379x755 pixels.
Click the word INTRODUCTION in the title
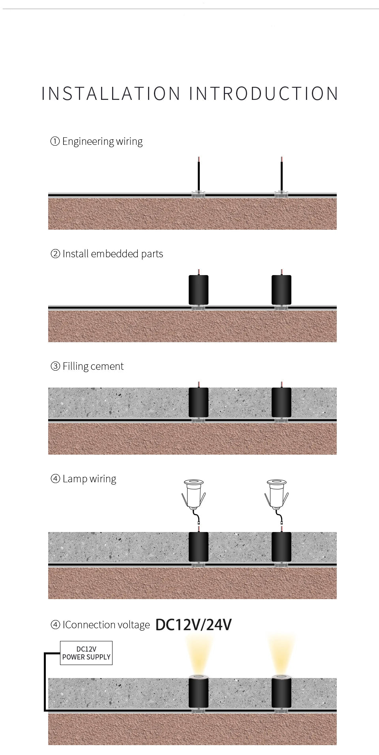pos(263,94)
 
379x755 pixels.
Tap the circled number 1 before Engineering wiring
pos(55,141)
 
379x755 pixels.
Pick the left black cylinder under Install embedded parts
pos(199,290)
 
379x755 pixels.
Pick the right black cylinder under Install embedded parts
pos(281,290)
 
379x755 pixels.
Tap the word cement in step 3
pos(107,367)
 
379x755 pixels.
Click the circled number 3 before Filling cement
pos(55,366)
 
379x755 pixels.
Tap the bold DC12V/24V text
pos(193,625)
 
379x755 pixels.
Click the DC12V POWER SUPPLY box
pos(86,653)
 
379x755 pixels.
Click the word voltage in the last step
pos(136,625)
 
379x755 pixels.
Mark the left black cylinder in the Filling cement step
pos(199,403)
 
